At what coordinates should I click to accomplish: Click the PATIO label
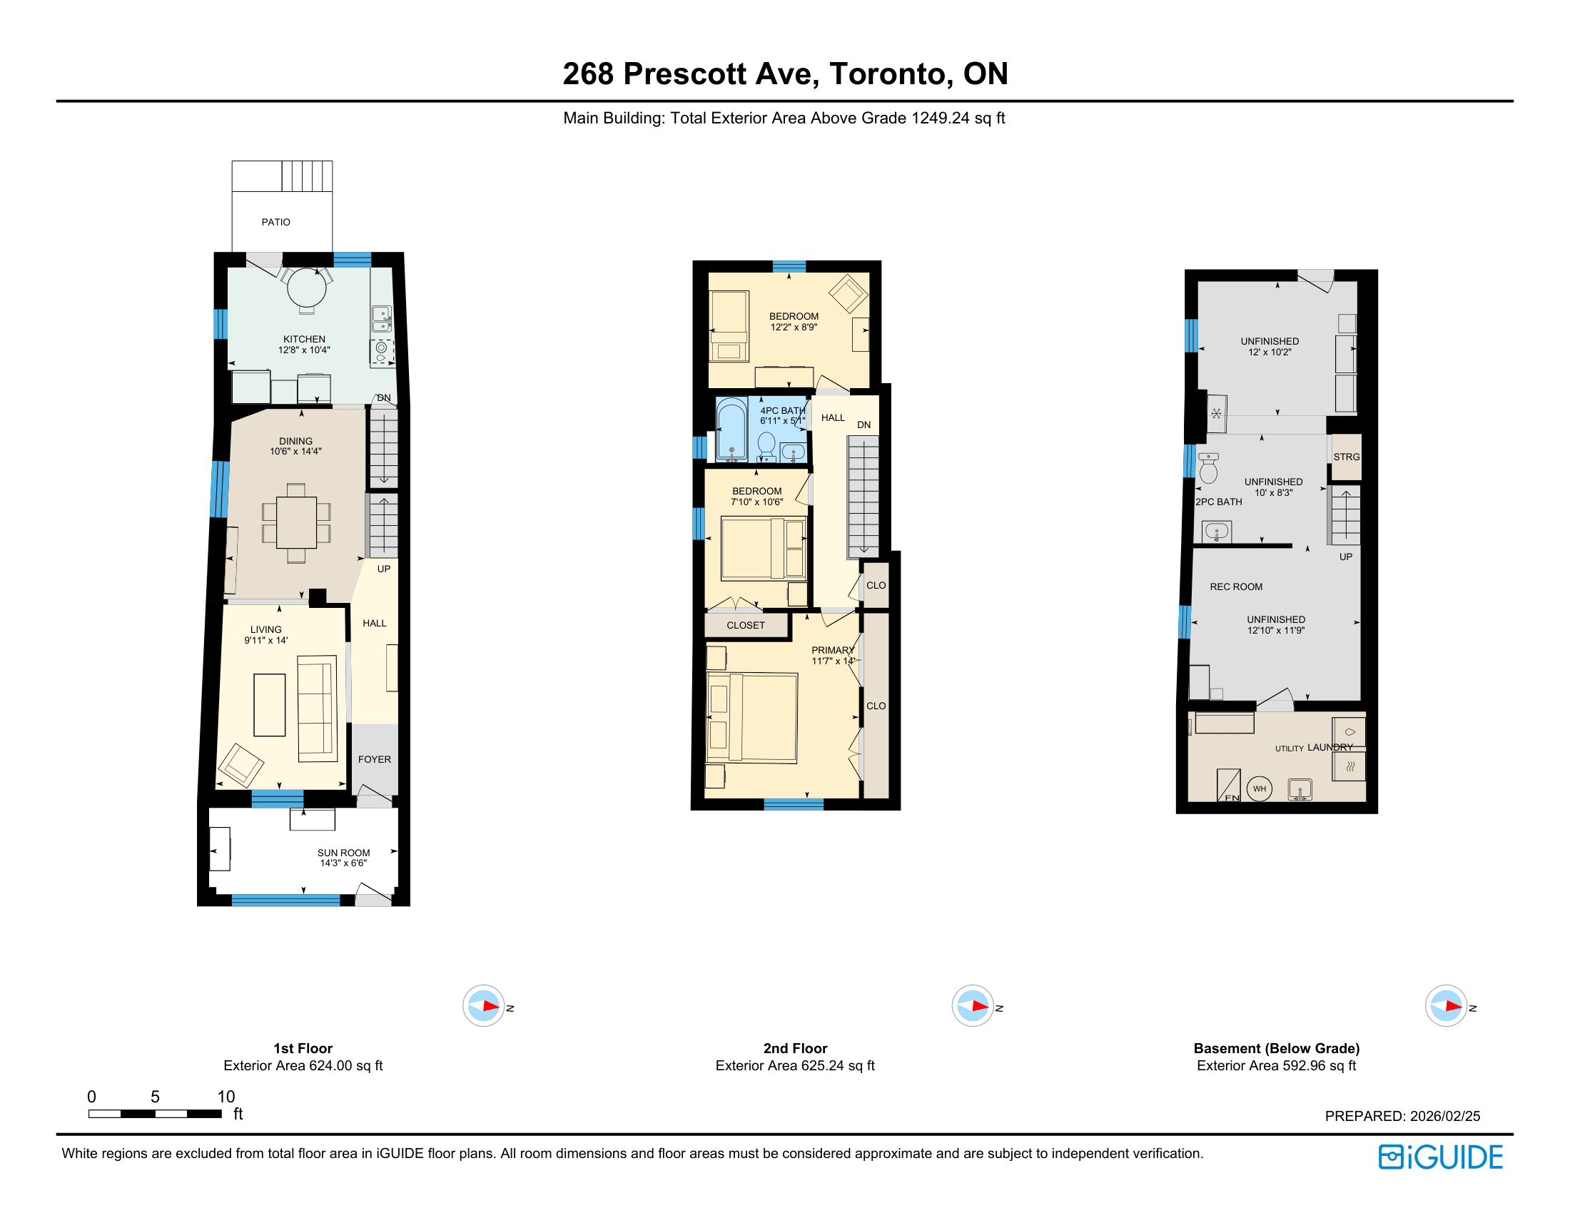coord(275,222)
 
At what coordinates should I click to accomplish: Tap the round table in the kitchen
coord(306,288)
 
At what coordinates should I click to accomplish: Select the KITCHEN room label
coord(304,339)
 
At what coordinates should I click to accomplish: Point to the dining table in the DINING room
coord(296,522)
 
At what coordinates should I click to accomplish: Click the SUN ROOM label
coord(344,853)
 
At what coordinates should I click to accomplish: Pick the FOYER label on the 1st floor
coord(375,760)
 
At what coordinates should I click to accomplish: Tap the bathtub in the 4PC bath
coord(731,429)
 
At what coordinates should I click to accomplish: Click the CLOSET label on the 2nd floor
coord(746,625)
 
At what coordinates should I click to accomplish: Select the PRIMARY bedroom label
coord(832,650)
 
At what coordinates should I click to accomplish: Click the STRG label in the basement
coord(1347,457)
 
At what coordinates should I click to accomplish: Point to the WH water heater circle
coord(1260,789)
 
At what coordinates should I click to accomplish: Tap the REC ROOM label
coord(1236,587)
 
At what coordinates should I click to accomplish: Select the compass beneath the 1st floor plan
coord(483,1006)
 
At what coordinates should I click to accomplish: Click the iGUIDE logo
coord(1441,1157)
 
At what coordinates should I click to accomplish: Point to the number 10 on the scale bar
coord(226,1097)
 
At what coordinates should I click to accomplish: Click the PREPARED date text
coord(1402,1116)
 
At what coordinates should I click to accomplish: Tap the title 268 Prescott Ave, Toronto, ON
coord(785,73)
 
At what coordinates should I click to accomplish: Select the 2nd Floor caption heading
coord(795,1048)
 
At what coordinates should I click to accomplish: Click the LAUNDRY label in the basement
coord(1330,747)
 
